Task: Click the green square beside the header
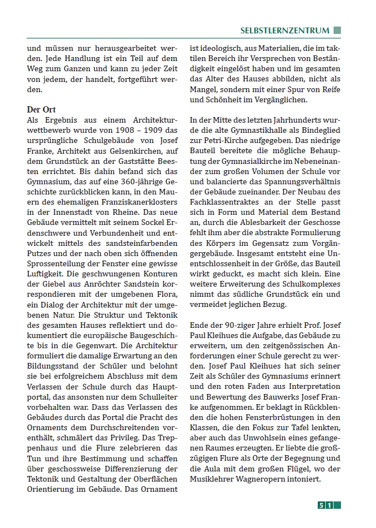click(337, 31)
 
